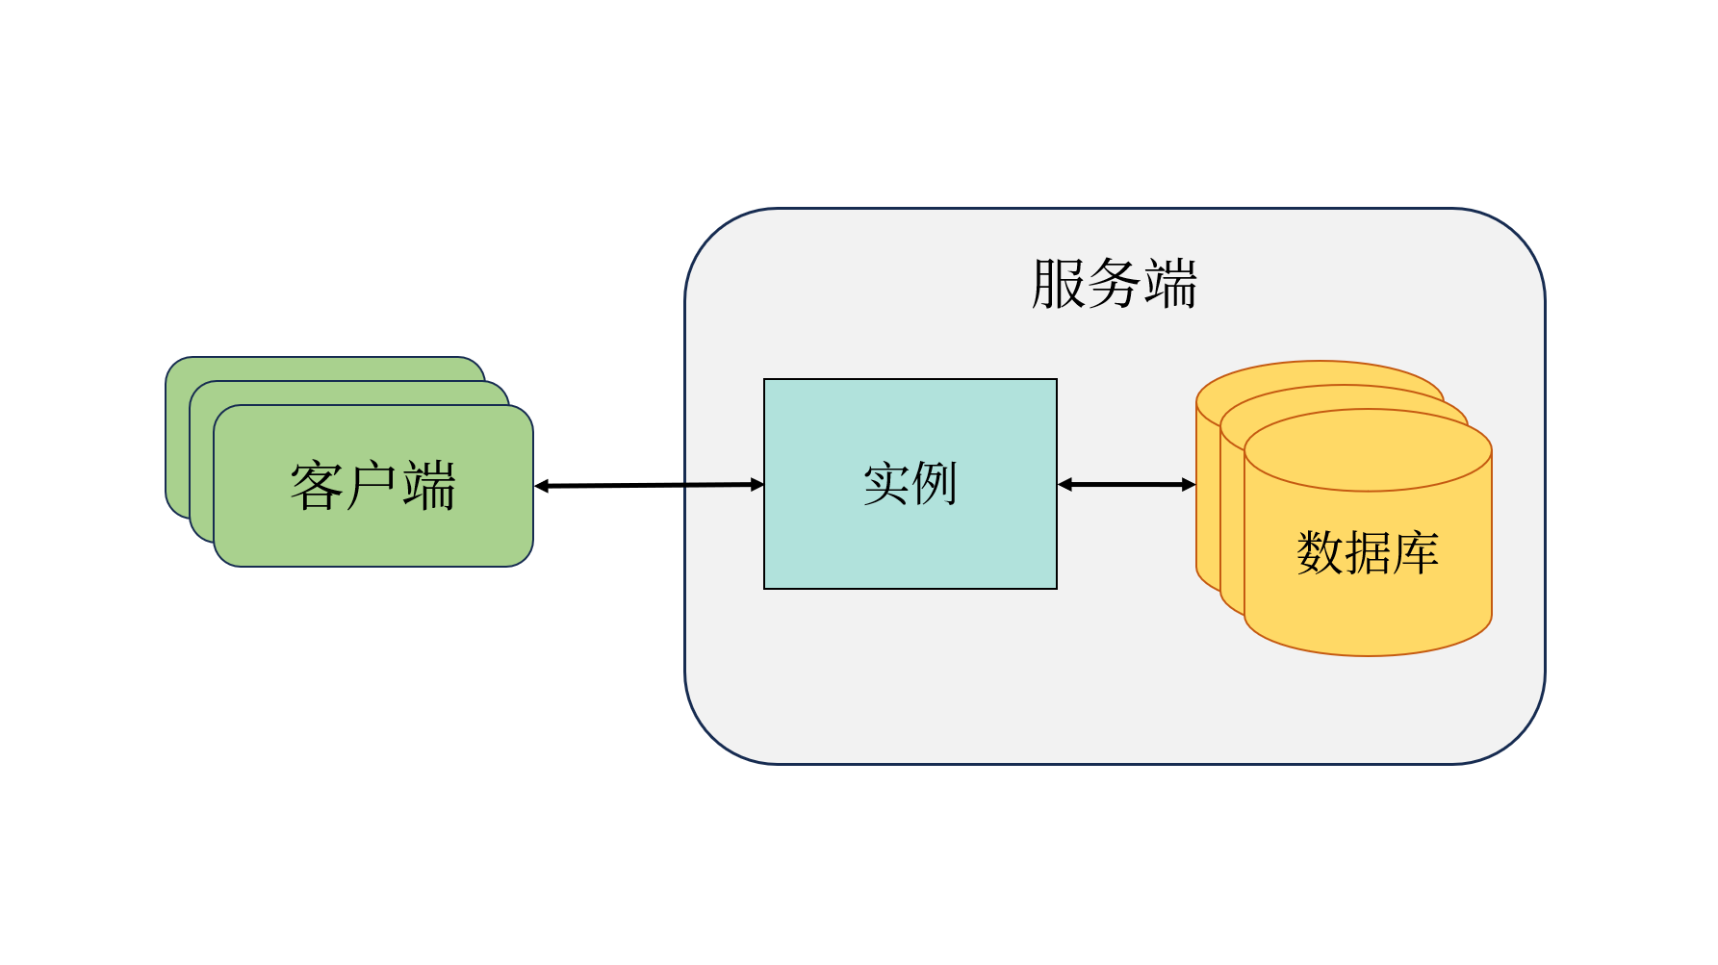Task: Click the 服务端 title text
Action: [x=1114, y=284]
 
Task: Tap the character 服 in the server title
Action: [x=1058, y=284]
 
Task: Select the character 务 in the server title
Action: [x=1114, y=284]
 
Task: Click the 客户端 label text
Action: [x=372, y=485]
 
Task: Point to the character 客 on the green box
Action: [x=317, y=485]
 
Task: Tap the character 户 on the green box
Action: [x=372, y=485]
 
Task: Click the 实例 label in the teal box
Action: [x=910, y=483]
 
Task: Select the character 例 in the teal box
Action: [x=934, y=483]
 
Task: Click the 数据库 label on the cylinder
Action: [x=1367, y=553]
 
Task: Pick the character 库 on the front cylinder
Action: [x=1415, y=553]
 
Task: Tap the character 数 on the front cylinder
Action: [x=1320, y=553]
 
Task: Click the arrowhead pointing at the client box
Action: [x=542, y=487]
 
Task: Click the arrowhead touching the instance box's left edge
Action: [x=756, y=485]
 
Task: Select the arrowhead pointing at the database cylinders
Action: [x=1188, y=485]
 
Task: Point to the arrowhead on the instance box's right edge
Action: [x=1065, y=485]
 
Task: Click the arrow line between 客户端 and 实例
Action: [x=650, y=486]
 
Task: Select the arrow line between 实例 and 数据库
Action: [x=1126, y=485]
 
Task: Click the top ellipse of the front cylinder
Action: [x=1367, y=450]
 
